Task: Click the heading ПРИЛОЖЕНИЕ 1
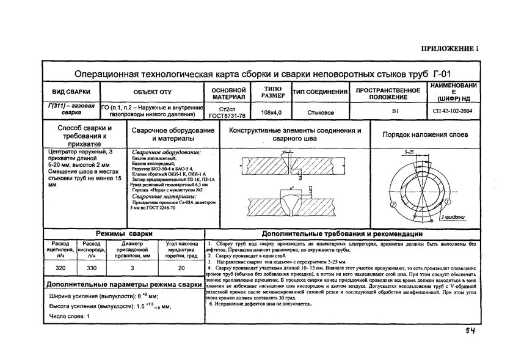click(x=450, y=49)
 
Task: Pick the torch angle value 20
click(x=181, y=268)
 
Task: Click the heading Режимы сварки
click(x=120, y=234)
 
